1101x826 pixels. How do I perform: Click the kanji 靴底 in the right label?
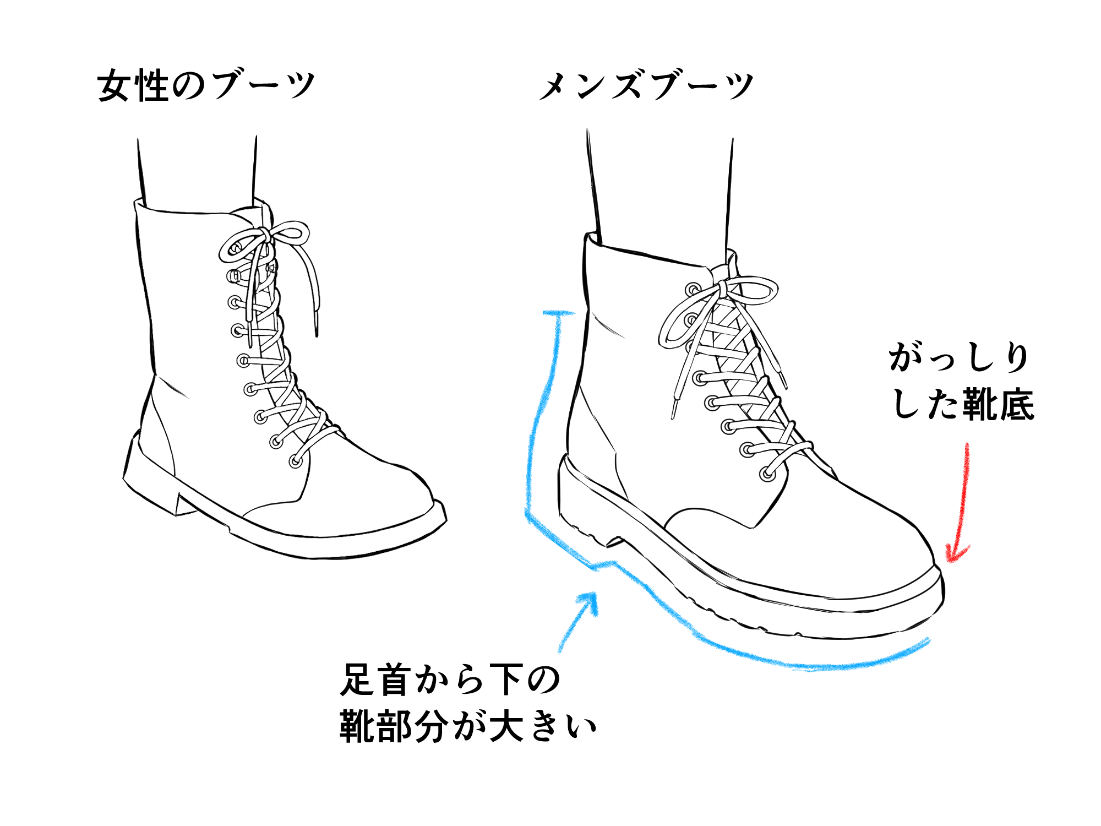pyautogui.click(x=999, y=405)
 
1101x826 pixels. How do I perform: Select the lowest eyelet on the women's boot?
pyautogui.click(x=296, y=461)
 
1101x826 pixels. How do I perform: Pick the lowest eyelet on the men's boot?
pyautogui.click(x=767, y=474)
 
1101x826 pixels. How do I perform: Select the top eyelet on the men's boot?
pyautogui.click(x=693, y=289)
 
